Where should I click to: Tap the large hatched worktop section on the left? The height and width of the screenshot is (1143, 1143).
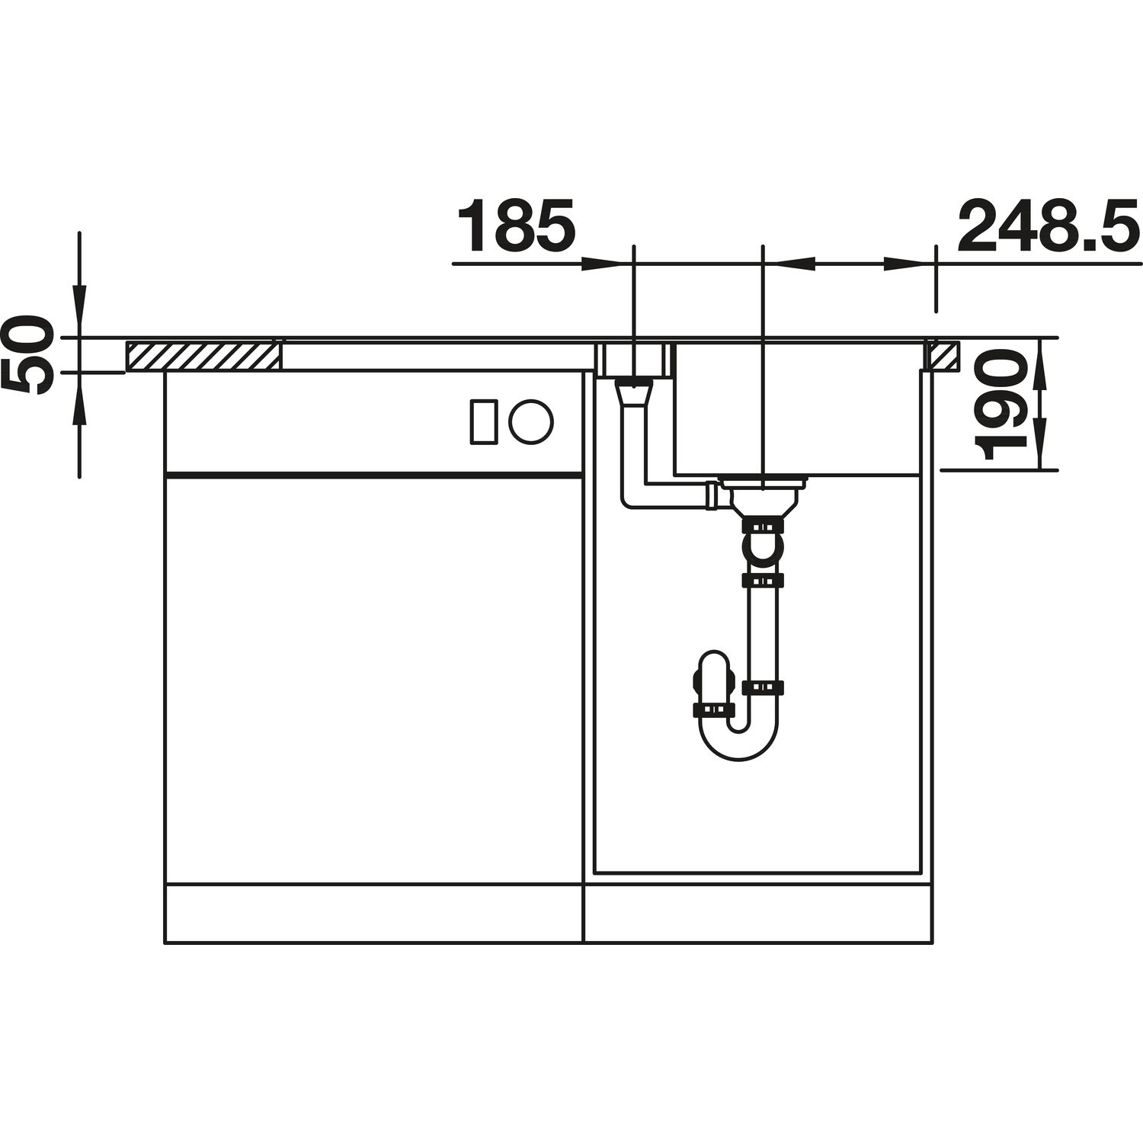203,356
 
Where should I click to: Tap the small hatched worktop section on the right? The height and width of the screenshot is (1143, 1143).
943,356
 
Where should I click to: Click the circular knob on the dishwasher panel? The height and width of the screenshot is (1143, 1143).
531,421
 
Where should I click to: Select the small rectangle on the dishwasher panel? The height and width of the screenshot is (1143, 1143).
484,421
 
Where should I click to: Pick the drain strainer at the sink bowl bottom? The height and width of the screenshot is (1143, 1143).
762,486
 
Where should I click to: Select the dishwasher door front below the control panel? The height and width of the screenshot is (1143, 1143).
373,678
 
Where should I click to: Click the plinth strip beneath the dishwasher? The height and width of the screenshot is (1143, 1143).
373,914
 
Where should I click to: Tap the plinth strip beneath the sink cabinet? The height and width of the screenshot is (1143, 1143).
758,914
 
